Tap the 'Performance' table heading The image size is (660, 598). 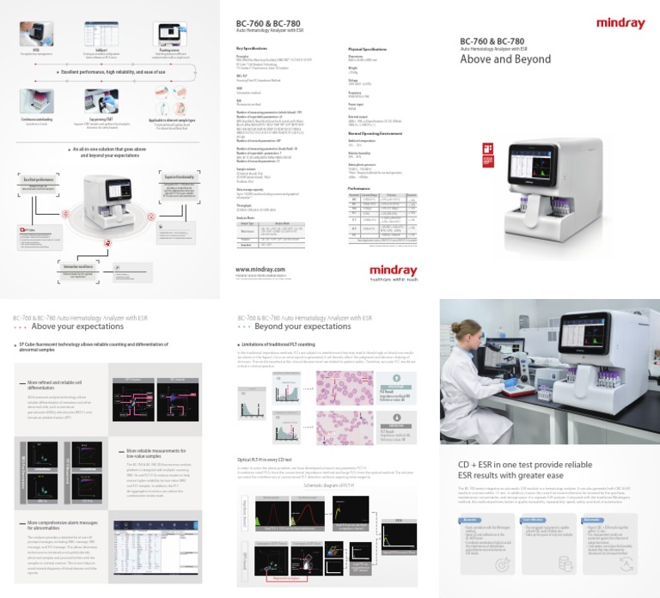click(359, 187)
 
